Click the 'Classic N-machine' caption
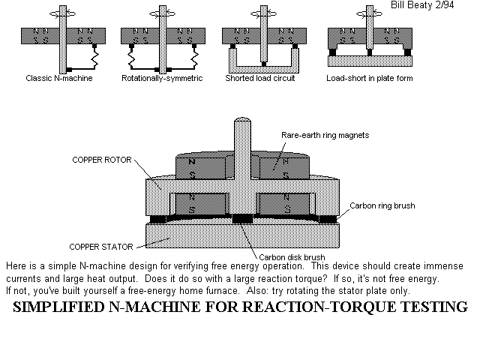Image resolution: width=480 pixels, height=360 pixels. pyautogui.click(x=58, y=78)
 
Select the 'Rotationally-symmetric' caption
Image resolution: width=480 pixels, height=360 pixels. pyautogui.click(x=162, y=78)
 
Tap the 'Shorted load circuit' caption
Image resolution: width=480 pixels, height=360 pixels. pyautogui.click(x=262, y=78)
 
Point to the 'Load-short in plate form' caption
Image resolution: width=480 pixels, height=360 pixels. pyautogui.click(x=369, y=78)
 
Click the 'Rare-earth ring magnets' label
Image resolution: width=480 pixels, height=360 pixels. pyautogui.click(x=324, y=135)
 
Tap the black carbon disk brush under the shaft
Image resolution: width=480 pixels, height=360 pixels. pyautogui.click(x=243, y=219)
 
